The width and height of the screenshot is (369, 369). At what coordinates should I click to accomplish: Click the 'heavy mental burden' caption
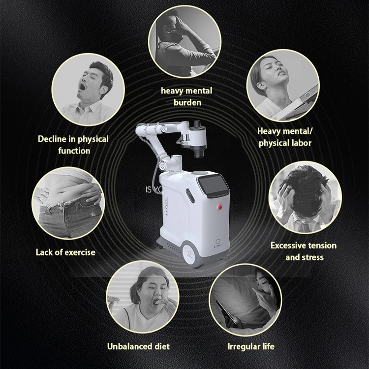coord(186,96)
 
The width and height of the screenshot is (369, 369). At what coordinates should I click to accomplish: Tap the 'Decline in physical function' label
coord(73,145)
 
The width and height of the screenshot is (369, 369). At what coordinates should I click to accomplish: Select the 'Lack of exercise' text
coord(65,252)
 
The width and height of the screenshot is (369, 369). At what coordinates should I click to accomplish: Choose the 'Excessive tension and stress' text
coord(304,251)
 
